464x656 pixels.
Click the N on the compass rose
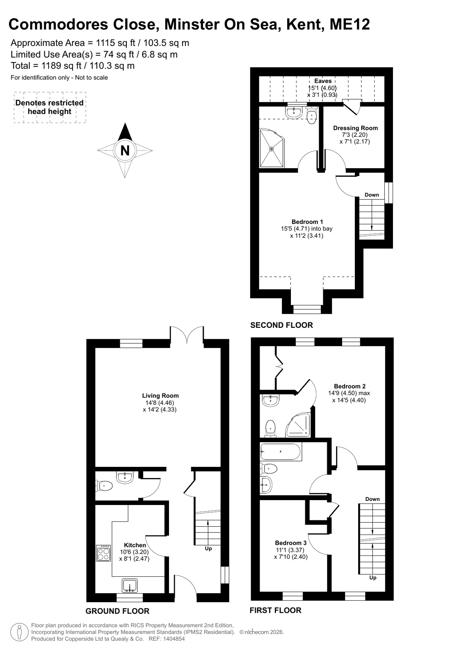pyautogui.click(x=125, y=151)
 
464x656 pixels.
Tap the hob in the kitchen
pyautogui.click(x=103, y=553)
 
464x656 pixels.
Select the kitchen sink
pyautogui.click(x=130, y=585)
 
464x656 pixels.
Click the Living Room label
pyautogui.click(x=160, y=395)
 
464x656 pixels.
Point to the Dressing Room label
pyautogui.click(x=355, y=128)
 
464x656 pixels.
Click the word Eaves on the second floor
pyautogui.click(x=323, y=81)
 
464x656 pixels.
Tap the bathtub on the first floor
pyautogui.click(x=281, y=451)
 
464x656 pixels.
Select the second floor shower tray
pyautogui.click(x=272, y=148)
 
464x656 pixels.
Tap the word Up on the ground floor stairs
pyautogui.click(x=208, y=549)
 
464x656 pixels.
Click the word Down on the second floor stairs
pyautogui.click(x=372, y=195)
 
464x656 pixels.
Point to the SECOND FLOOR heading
pyautogui.click(x=281, y=325)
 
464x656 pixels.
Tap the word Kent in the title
pyautogui.click(x=305, y=25)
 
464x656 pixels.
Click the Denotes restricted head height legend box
pyautogui.click(x=50, y=107)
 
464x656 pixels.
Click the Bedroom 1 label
pyautogui.click(x=307, y=222)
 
